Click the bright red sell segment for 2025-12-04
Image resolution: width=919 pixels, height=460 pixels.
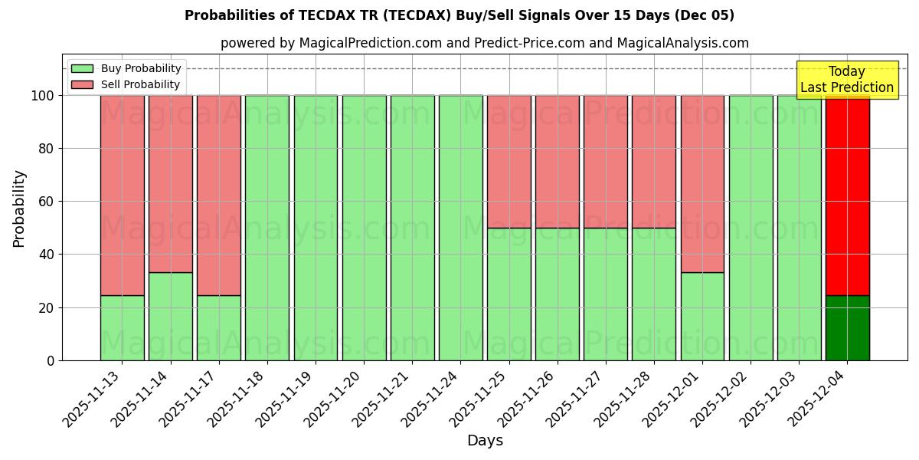(x=847, y=195)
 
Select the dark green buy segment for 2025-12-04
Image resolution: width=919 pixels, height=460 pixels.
(x=847, y=328)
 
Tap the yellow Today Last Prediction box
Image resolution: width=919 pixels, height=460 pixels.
(x=846, y=80)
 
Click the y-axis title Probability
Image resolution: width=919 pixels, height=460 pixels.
(x=19, y=209)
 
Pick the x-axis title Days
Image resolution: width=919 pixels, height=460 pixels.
(x=485, y=441)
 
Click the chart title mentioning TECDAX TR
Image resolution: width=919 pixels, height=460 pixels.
(x=459, y=15)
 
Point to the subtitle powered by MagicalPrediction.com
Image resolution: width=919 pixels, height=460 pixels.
(x=485, y=43)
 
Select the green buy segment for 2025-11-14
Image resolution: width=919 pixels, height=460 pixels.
(x=170, y=316)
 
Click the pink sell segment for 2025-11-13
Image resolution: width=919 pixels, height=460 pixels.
(x=122, y=195)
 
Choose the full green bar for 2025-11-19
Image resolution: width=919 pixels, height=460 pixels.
(x=316, y=228)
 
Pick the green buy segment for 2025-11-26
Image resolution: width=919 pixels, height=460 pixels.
(x=557, y=294)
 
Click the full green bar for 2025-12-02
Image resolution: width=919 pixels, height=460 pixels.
(x=751, y=228)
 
